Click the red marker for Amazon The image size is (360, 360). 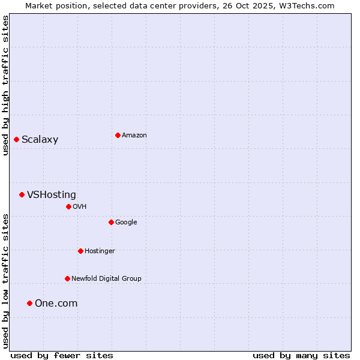118,135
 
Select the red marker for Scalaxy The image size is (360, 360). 16,139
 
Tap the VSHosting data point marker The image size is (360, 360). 22,194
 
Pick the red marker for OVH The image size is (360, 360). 68,206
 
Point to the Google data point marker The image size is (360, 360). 111,222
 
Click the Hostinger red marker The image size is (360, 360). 80,251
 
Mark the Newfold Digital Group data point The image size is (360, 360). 67,278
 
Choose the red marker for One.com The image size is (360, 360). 29,303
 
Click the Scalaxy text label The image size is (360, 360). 40,140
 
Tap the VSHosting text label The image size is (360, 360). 52,195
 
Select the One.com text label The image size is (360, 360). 56,304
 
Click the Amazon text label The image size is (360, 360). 134,136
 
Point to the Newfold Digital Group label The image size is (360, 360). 107,279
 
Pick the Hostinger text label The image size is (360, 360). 100,251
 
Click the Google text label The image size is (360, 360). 126,223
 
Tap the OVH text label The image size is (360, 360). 80,207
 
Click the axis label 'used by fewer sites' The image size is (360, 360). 62,356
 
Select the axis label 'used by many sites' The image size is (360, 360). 301,356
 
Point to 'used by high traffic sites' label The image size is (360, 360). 5,85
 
